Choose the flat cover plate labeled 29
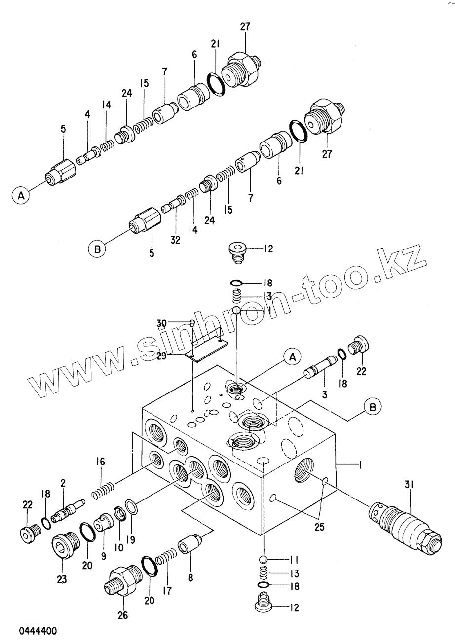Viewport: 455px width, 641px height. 204,348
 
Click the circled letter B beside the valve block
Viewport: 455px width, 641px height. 373,407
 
